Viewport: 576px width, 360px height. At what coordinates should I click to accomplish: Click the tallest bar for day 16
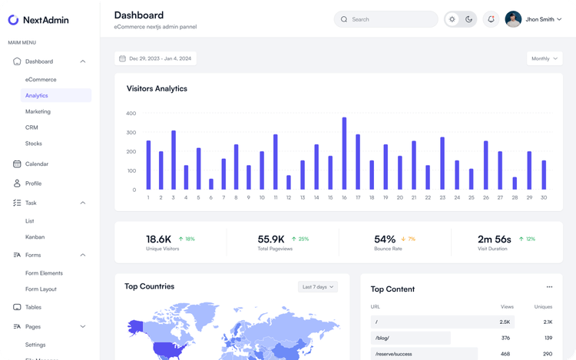[344, 154]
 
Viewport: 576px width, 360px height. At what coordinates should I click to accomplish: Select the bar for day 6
[211, 184]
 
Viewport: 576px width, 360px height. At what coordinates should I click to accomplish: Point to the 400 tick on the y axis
[131, 114]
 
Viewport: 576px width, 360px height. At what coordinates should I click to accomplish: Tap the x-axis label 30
[544, 197]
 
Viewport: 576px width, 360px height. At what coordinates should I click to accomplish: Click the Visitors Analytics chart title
[157, 88]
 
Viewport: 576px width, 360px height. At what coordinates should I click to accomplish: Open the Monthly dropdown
[545, 58]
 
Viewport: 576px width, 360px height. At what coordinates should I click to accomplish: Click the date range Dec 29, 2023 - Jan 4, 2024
[156, 58]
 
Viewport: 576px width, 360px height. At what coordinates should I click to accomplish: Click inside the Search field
[388, 19]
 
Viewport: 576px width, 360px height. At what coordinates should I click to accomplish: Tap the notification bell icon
[491, 19]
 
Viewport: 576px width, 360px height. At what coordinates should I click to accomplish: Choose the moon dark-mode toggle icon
[468, 19]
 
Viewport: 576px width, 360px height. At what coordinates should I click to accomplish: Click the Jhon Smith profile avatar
[513, 19]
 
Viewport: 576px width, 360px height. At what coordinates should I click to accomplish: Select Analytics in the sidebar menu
[37, 95]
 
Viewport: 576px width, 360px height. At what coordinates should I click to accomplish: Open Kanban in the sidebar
[35, 237]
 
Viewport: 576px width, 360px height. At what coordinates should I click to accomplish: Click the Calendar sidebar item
[37, 163]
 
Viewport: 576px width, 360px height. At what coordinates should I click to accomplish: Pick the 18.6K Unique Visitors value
[158, 239]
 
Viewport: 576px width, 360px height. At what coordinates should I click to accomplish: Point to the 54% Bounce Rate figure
[385, 239]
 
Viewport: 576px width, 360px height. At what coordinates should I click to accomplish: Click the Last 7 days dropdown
[318, 287]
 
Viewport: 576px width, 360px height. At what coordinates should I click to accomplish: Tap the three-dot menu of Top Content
[549, 287]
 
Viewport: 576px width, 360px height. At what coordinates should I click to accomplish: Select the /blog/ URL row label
[382, 338]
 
